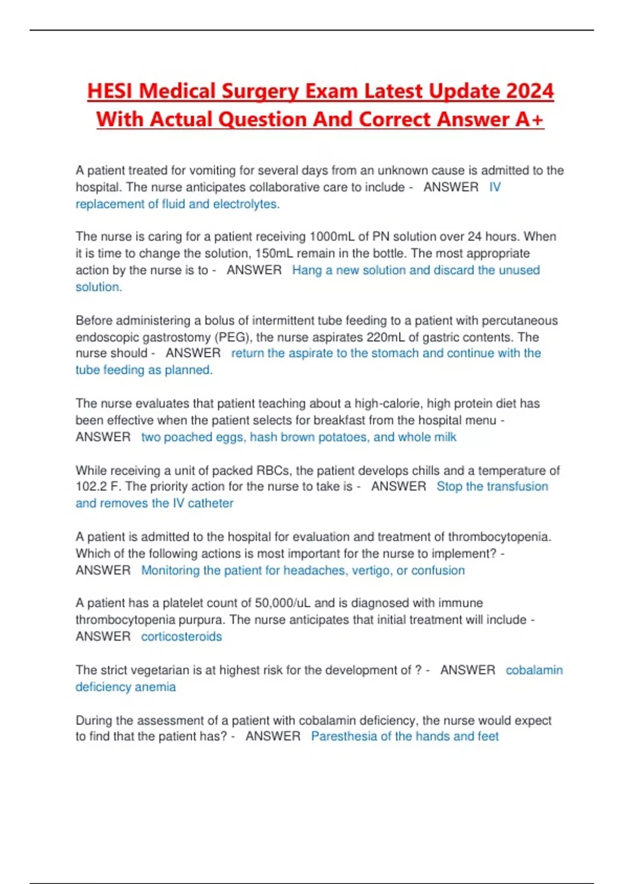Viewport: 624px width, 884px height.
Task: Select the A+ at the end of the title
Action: [529, 120]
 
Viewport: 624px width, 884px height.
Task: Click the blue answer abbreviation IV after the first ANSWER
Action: [495, 187]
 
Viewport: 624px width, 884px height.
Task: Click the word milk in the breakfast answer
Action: [445, 437]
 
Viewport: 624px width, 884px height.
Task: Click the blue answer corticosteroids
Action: [181, 636]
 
